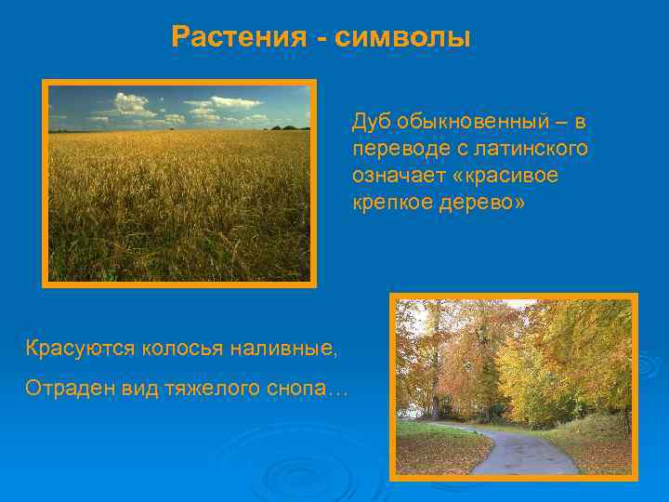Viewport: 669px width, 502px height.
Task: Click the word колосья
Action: pyautogui.click(x=183, y=349)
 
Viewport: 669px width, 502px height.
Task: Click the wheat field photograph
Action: pyautogui.click(x=179, y=183)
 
